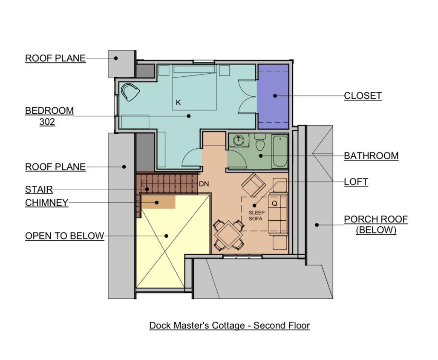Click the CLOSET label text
tap(363, 96)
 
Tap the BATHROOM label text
tap(371, 156)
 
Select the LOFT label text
tap(356, 182)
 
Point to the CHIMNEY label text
tap(46, 202)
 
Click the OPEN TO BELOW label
tap(64, 236)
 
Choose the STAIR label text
tap(39, 189)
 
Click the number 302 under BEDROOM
tap(47, 122)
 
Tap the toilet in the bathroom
tap(260, 142)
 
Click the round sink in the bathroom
tap(239, 140)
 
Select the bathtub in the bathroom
tap(280, 151)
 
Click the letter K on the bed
tap(178, 103)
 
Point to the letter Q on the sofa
tap(274, 203)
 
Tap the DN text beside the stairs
tap(204, 184)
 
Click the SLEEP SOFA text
tap(256, 216)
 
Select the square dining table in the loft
tap(228, 235)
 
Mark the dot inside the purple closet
tap(275, 96)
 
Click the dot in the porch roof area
tap(317, 225)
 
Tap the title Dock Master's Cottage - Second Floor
tap(230, 325)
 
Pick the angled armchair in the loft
tap(254, 185)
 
